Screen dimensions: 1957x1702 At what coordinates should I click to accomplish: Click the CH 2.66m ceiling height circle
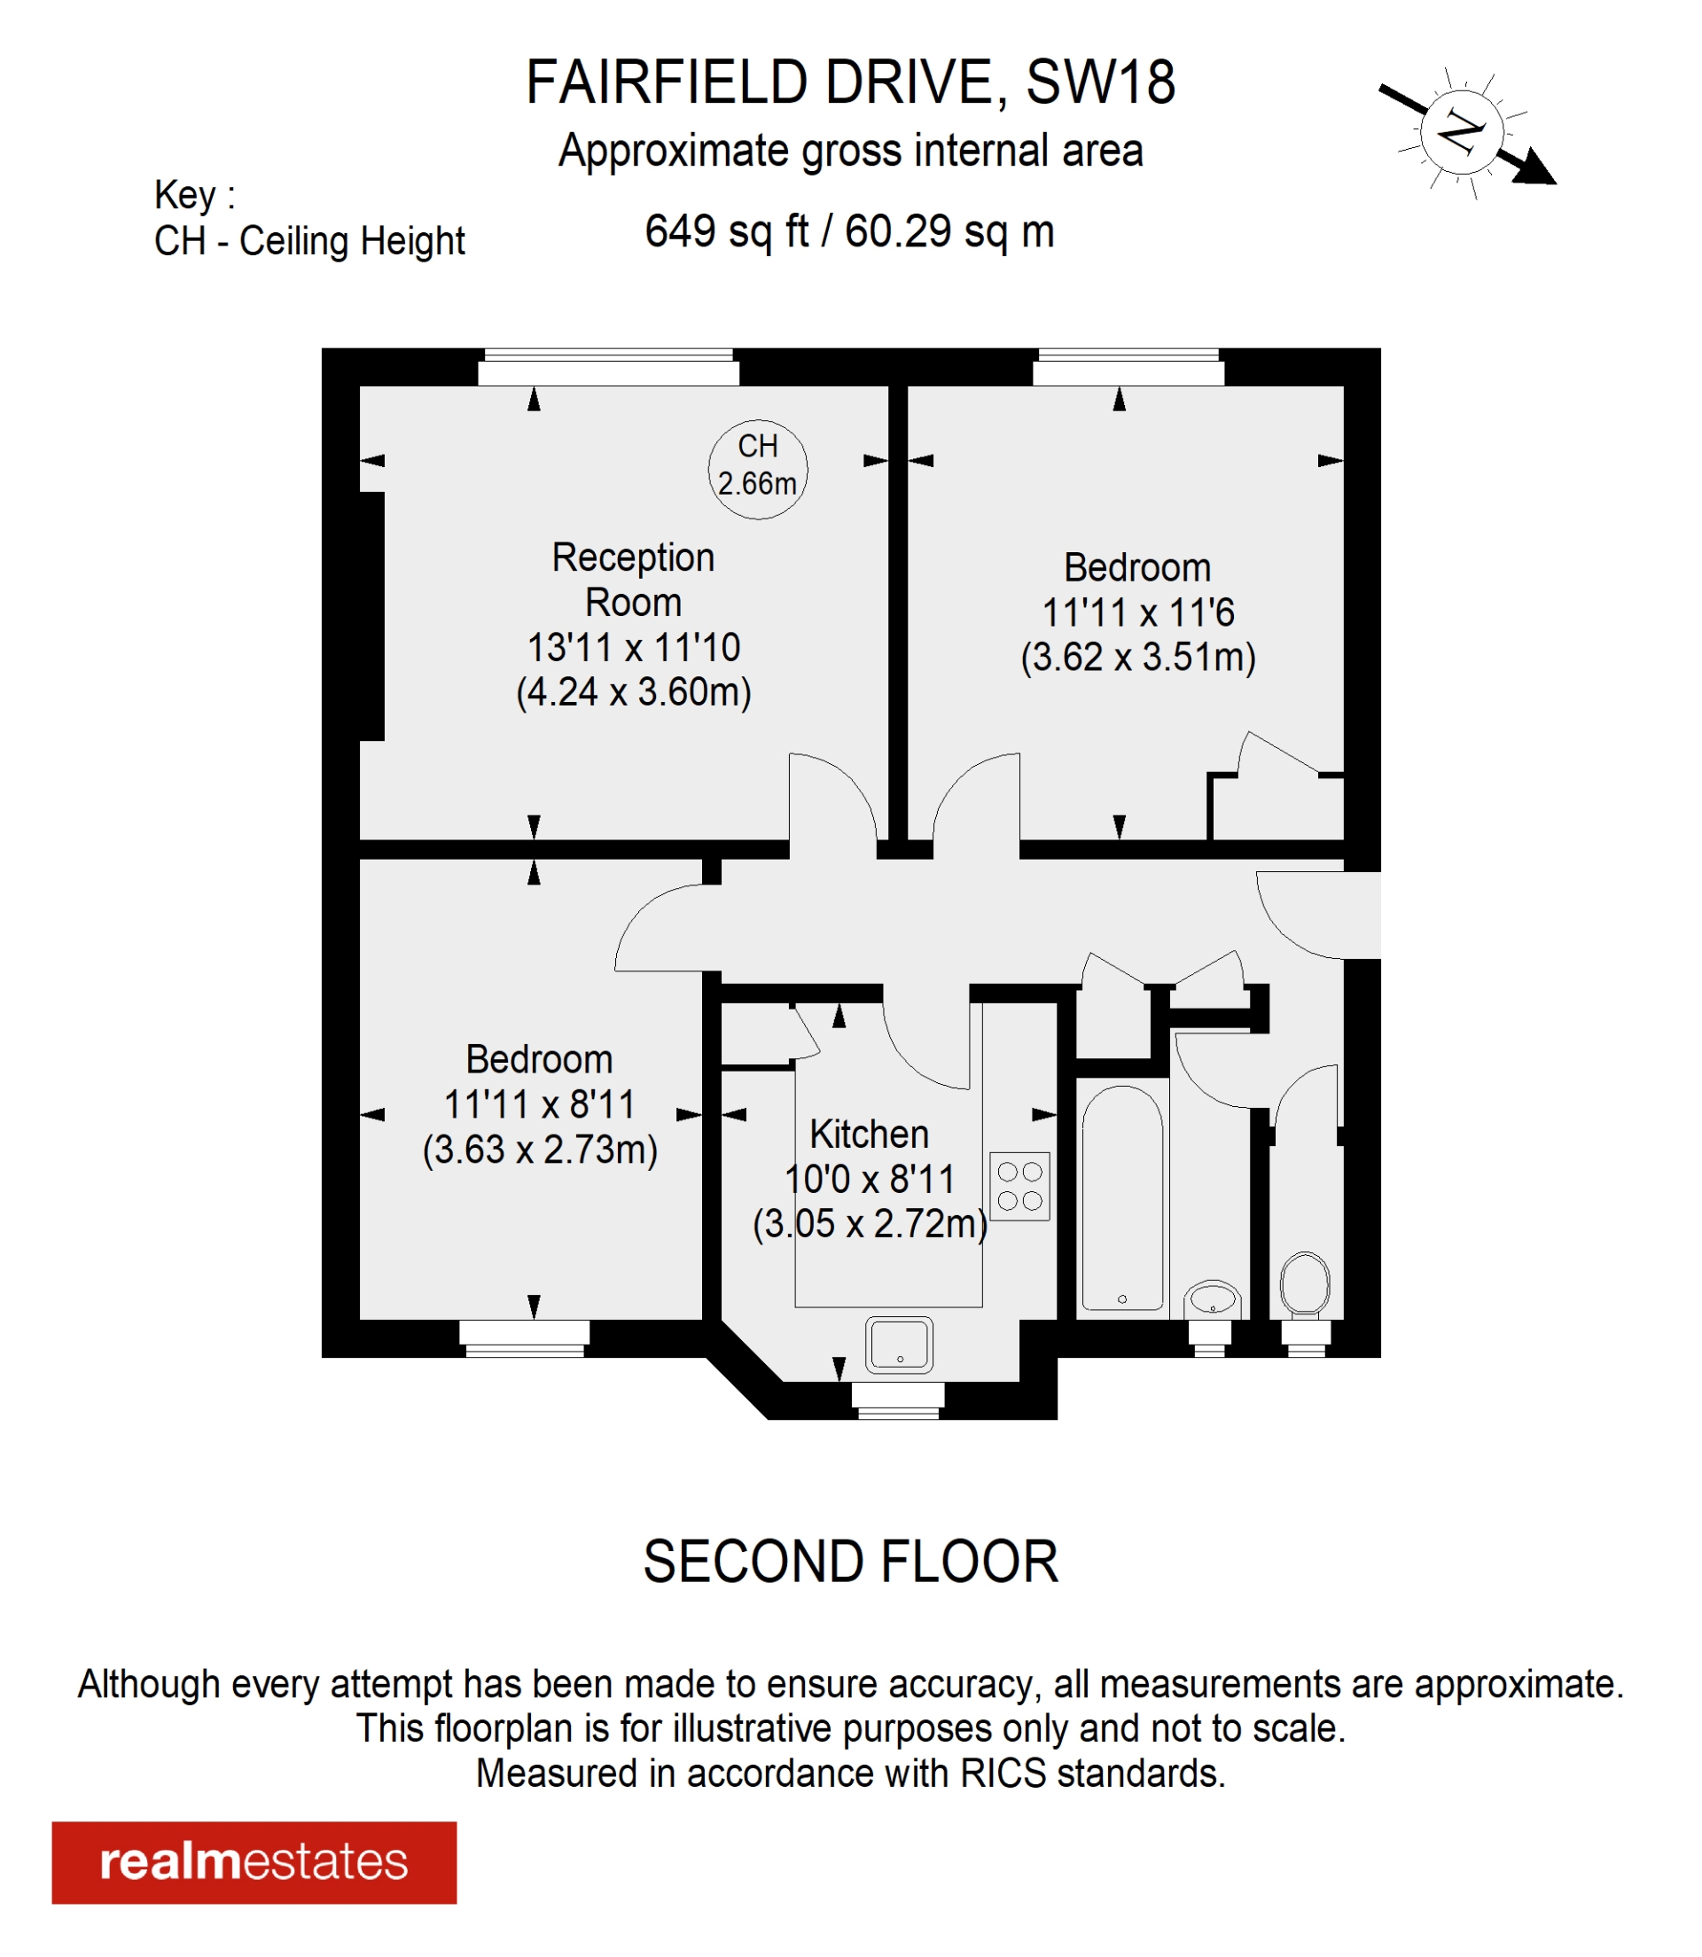tap(758, 469)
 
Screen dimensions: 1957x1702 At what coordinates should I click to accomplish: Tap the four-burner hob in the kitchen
tap(1019, 1186)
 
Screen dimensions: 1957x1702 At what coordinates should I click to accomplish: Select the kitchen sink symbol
tap(899, 1345)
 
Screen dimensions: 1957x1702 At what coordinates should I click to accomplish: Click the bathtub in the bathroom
tap(1121, 1199)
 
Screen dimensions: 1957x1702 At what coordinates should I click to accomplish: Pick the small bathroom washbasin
tap(1212, 1298)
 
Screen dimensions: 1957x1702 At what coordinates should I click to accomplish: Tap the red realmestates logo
tap(254, 1861)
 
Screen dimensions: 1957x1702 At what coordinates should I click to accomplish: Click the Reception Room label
tap(633, 580)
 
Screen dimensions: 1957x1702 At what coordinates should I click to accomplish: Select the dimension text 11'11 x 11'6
tap(1138, 612)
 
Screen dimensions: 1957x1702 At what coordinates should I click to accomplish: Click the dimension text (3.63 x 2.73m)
tap(540, 1150)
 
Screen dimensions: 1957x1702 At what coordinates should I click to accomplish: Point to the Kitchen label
tap(868, 1134)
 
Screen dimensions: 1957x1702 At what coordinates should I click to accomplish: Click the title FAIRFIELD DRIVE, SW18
tap(850, 82)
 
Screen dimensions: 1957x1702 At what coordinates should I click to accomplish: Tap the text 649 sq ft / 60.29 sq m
tap(849, 230)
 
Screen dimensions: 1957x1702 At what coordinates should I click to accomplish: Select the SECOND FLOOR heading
tap(850, 1562)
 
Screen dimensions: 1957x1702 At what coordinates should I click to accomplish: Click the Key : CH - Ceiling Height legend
tap(308, 218)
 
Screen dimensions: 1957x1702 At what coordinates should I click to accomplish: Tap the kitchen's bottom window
tap(897, 1400)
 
